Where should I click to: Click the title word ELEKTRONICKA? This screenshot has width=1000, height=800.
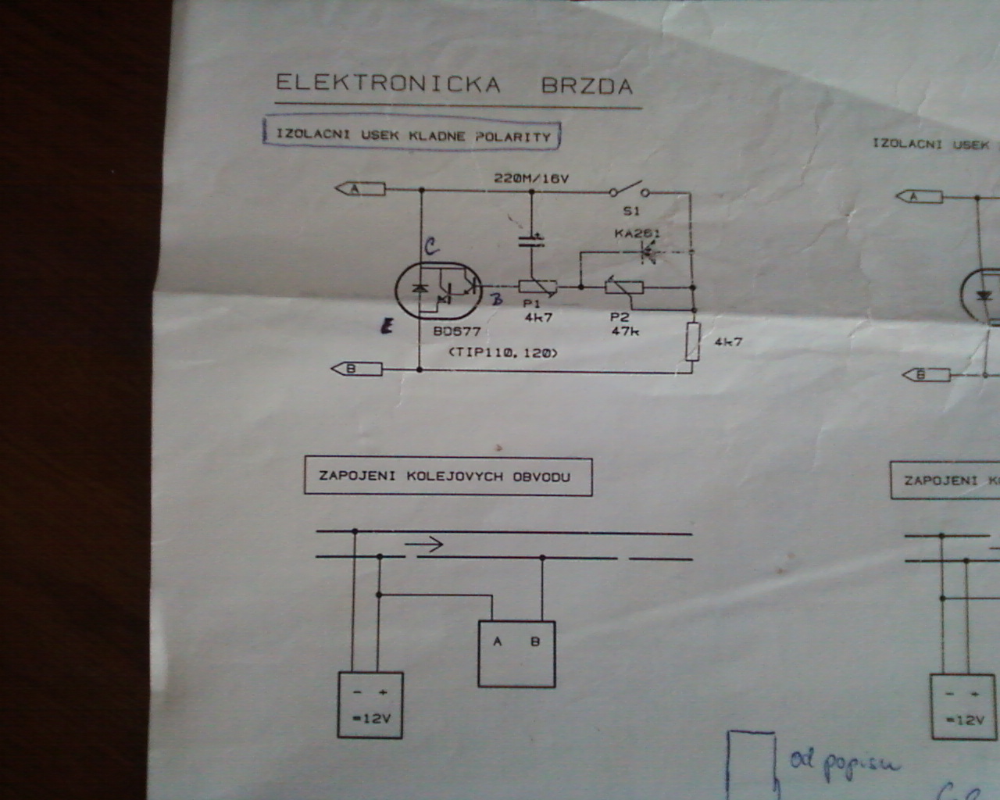click(387, 84)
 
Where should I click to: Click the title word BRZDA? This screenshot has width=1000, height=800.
click(587, 85)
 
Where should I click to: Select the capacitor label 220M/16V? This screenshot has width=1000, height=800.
click(531, 178)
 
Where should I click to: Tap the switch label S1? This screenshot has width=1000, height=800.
click(631, 211)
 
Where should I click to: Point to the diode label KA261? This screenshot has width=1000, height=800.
click(637, 233)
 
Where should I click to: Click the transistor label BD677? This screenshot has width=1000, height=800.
click(457, 331)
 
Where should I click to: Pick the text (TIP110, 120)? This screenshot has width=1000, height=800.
click(503, 353)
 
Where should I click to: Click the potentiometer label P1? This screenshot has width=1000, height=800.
click(532, 303)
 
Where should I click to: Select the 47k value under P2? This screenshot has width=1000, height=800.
click(625, 330)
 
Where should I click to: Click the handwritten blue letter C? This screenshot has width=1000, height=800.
click(430, 248)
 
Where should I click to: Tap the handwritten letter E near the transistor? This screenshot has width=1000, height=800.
click(386, 327)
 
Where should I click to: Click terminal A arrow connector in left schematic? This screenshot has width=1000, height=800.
click(360, 189)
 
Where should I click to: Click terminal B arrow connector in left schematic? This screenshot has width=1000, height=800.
click(356, 369)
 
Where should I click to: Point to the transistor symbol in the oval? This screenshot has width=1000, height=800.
click(438, 290)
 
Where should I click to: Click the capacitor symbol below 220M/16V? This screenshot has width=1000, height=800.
click(531, 239)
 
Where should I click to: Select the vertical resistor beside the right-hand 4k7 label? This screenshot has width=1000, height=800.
click(692, 342)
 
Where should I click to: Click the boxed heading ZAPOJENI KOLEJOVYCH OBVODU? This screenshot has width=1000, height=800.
click(448, 477)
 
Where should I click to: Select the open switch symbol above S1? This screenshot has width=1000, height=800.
click(630, 190)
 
